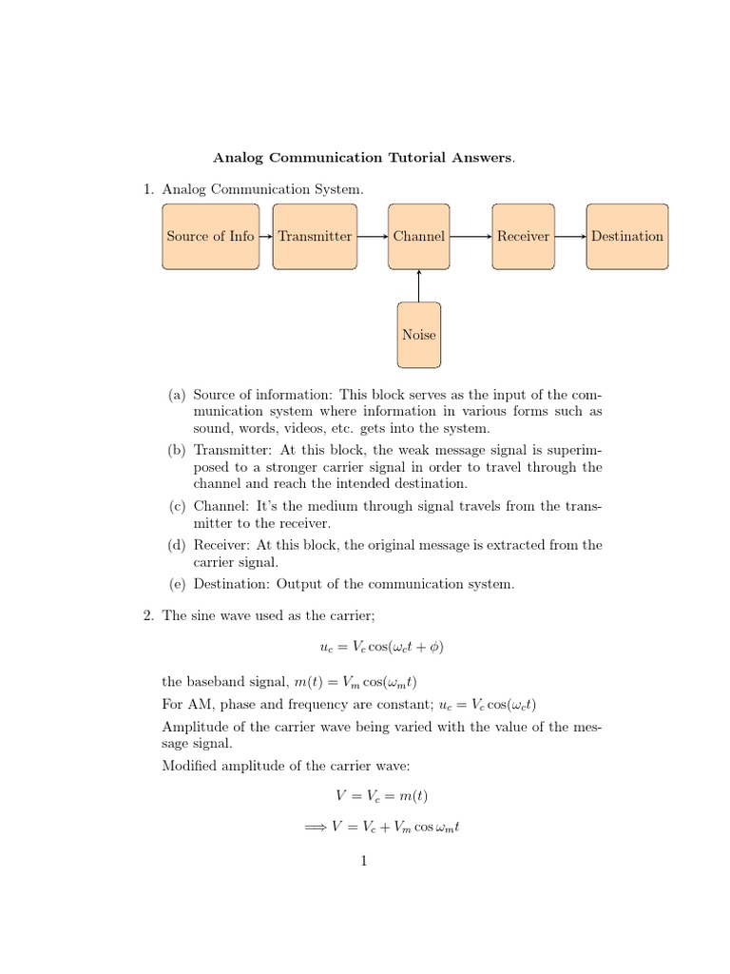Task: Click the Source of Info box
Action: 210,236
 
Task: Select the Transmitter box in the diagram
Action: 315,236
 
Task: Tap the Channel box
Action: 418,236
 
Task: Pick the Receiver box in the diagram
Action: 523,236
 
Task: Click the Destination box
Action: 626,236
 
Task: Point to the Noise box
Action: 418,335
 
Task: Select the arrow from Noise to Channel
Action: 418,285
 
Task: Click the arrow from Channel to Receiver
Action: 471,236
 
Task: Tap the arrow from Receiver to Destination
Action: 570,236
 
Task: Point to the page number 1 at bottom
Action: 364,862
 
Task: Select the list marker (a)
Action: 178,395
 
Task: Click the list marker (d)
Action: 178,545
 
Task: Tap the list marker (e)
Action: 178,584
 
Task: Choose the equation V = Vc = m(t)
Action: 382,796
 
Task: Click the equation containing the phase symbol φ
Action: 382,647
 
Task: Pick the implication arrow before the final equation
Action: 315,828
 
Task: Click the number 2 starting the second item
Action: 148,615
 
